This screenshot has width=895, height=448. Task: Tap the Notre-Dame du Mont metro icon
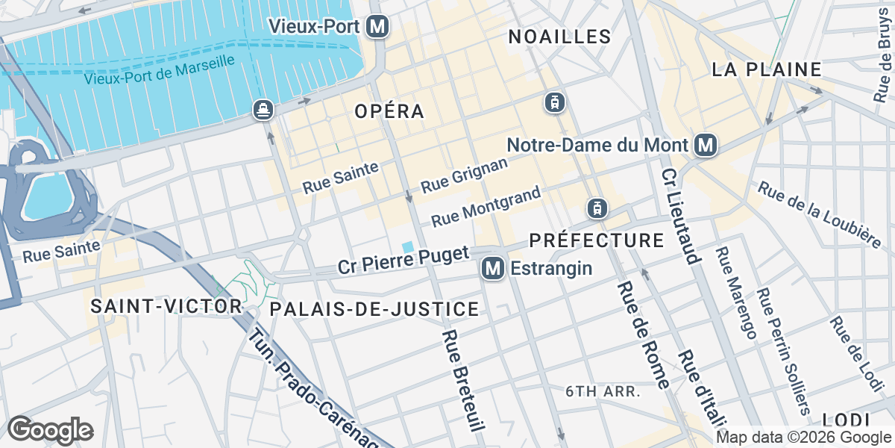coord(705,146)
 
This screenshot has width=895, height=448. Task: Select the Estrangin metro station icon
coord(492,268)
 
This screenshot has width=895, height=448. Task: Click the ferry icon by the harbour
coord(263,110)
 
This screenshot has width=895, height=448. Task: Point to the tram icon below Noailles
coord(553,102)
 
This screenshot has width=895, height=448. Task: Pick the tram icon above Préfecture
coord(596,208)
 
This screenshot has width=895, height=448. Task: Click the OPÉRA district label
coord(389,111)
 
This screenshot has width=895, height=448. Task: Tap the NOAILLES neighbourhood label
coord(559,37)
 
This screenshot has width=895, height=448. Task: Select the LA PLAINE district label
coord(766,69)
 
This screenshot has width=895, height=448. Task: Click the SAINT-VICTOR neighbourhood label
coord(166,306)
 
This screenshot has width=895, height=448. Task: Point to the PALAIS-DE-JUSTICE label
coord(374,309)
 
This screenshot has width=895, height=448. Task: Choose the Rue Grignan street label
coord(464,175)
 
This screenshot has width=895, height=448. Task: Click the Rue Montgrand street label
coord(486,207)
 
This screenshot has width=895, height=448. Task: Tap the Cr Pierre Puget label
coord(403,259)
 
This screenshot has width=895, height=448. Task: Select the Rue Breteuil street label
coord(464,380)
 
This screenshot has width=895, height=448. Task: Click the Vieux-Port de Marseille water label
coord(160,71)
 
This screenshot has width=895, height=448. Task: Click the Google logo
coord(50,430)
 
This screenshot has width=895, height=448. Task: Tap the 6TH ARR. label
coord(604,391)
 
